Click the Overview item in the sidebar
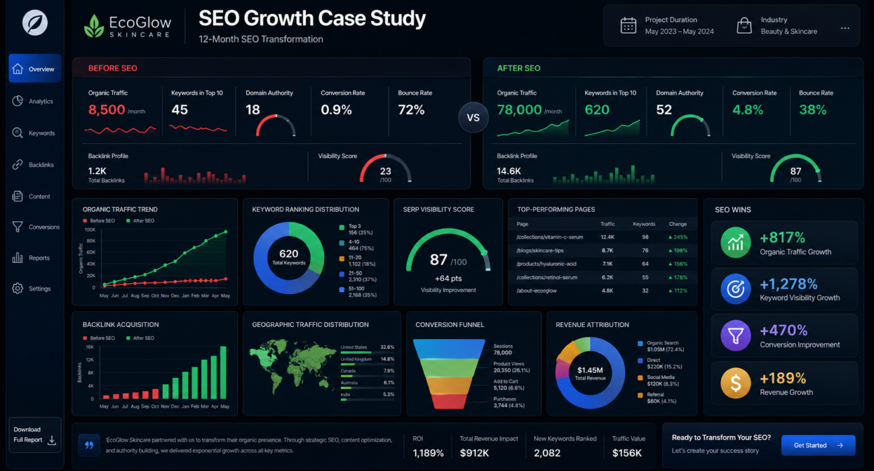tap(35, 69)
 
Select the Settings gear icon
tap(17, 289)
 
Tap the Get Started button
tap(818, 445)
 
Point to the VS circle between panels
tap(473, 118)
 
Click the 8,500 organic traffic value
tap(106, 110)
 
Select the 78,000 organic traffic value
tap(519, 110)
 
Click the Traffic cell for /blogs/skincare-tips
tap(607, 250)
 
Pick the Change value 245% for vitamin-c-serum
tap(678, 237)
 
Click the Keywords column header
tap(644, 224)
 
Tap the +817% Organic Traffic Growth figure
tap(783, 238)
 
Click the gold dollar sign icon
tap(736, 383)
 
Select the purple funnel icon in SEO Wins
tap(736, 336)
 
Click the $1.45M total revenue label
tap(590, 370)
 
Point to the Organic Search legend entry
tap(662, 346)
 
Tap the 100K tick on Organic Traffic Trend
tap(89, 229)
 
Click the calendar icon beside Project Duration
tap(628, 26)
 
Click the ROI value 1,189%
tap(428, 453)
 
